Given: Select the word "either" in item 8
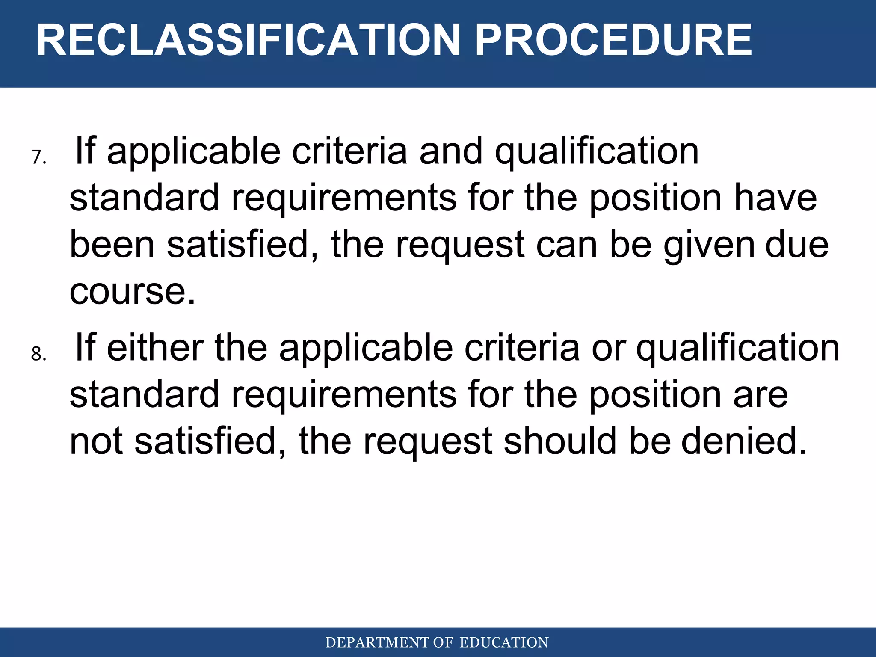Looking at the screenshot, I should click(x=155, y=347).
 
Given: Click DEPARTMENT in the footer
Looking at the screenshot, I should click(x=377, y=642).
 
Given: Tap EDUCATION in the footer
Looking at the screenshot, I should click(x=503, y=642).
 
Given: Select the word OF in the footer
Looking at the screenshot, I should click(x=443, y=642).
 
